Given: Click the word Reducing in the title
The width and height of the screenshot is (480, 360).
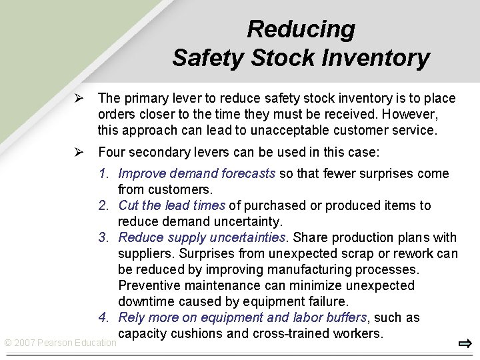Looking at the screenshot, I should (x=301, y=29).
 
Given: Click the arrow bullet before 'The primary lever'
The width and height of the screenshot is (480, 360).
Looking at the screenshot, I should (x=78, y=99).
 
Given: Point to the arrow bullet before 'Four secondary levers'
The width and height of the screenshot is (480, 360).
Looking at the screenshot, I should (x=78, y=153).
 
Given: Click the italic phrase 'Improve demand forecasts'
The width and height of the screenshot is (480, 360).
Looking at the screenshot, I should (x=197, y=174).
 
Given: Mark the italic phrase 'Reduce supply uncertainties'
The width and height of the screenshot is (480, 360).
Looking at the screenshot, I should (x=203, y=238).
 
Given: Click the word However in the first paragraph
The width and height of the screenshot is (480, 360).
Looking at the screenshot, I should (x=409, y=115).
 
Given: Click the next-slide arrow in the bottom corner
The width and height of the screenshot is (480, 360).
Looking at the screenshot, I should (x=465, y=344).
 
